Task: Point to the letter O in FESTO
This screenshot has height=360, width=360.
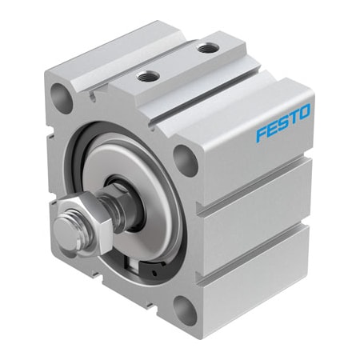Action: click(307, 113)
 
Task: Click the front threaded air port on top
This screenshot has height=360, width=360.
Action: click(146, 78)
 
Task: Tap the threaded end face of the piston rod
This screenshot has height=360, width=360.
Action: click(66, 229)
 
